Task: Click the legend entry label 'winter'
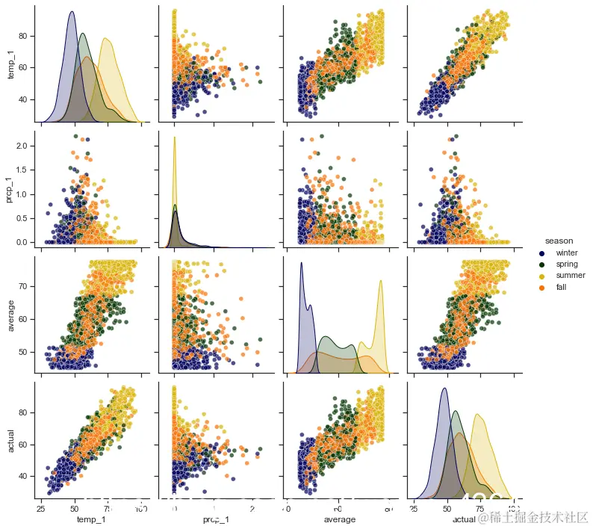[x=567, y=253]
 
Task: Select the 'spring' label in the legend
[x=567, y=264]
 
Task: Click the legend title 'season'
[x=559, y=241]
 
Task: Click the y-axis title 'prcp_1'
[x=10, y=189]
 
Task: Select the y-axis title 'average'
[x=10, y=314]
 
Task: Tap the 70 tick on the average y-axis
[x=27, y=286]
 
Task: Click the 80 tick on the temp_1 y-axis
[x=27, y=36]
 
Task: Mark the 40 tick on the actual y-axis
[x=27, y=476]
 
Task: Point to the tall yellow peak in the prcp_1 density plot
[x=175, y=138]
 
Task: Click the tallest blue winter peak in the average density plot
[x=301, y=263]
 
